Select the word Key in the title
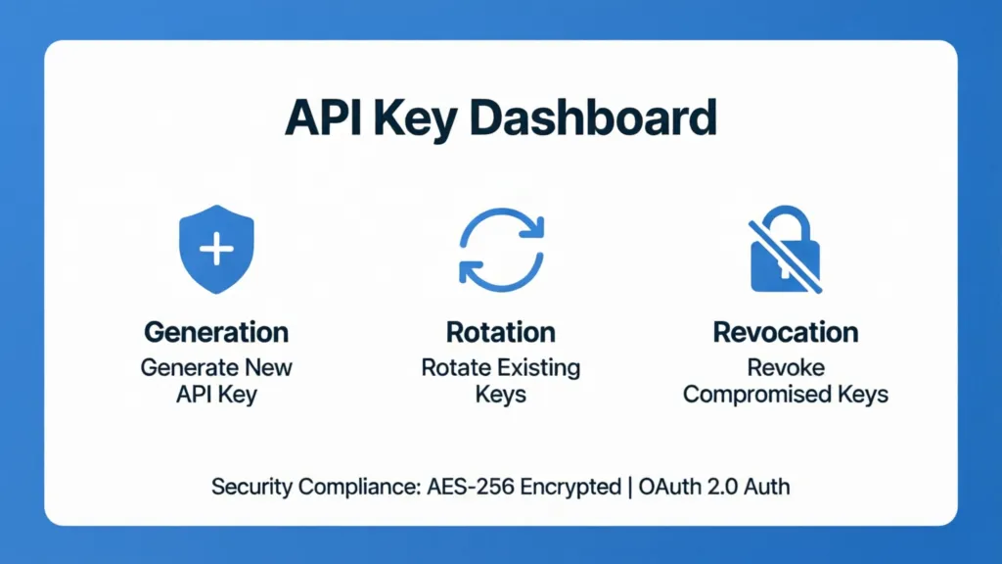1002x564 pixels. [421, 117]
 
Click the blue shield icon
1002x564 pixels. [215, 250]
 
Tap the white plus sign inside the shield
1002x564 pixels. [215, 249]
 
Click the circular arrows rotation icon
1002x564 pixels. [501, 250]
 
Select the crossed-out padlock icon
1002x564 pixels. [785, 250]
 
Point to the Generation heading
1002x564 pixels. [216, 332]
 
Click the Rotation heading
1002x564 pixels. [501, 332]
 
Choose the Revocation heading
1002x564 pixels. [786, 332]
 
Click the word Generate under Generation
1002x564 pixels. [188, 368]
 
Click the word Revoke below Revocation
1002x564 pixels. [786, 368]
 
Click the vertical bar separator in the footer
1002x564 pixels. [629, 486]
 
